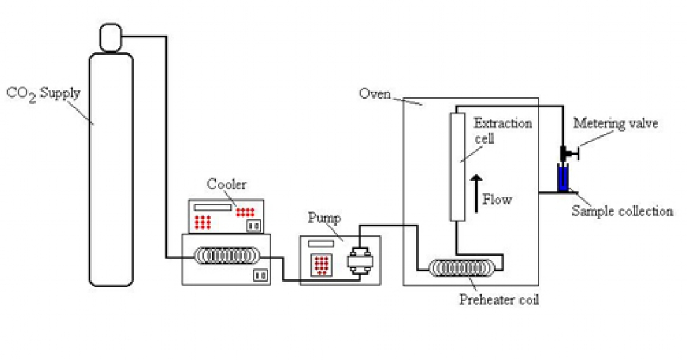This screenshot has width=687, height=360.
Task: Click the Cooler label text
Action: click(x=226, y=184)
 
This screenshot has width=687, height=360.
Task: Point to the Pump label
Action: click(x=324, y=219)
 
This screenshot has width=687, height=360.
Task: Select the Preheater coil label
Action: click(x=499, y=300)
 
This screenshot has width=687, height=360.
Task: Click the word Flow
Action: click(x=497, y=200)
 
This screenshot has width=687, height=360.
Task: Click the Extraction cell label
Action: click(x=503, y=130)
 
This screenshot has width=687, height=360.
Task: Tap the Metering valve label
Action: click(x=615, y=123)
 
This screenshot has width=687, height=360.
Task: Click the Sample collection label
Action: click(x=621, y=211)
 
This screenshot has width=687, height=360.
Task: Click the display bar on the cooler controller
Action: click(x=212, y=208)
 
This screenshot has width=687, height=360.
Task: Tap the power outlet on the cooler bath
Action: click(x=259, y=275)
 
